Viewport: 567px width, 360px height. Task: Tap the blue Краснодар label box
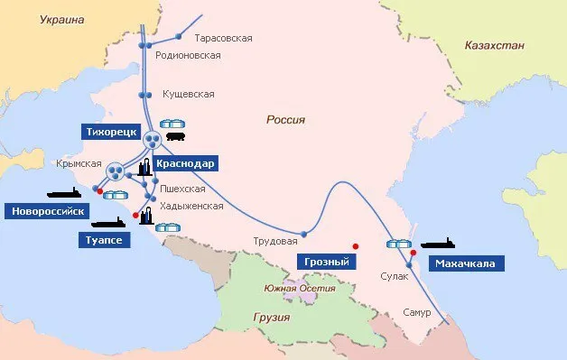click(184, 163)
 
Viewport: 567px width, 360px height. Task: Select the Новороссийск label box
click(47, 211)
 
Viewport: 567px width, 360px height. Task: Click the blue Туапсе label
click(98, 240)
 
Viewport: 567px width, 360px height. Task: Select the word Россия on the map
click(285, 119)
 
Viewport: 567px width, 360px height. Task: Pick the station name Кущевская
click(188, 94)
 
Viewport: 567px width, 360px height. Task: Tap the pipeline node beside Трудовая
click(304, 234)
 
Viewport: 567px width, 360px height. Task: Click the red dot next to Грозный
click(356, 245)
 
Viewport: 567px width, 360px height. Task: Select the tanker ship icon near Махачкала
click(438, 244)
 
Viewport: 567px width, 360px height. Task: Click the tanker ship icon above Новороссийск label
click(62, 193)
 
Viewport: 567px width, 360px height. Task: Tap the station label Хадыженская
click(191, 206)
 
